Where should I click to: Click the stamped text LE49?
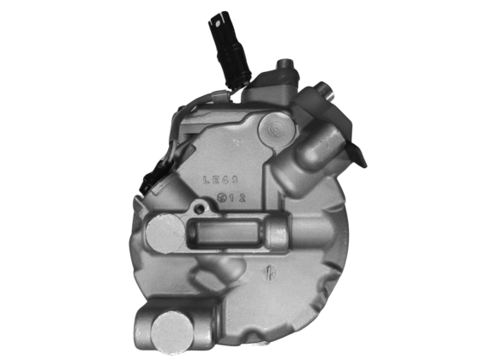click(221, 181)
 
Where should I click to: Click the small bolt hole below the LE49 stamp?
click(200, 208)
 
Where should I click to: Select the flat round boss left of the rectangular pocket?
click(163, 234)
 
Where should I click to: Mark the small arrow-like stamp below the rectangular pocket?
click(268, 275)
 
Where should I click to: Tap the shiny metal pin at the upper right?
click(325, 89)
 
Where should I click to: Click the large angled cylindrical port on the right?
click(318, 149)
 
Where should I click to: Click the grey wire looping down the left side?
click(175, 129)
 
